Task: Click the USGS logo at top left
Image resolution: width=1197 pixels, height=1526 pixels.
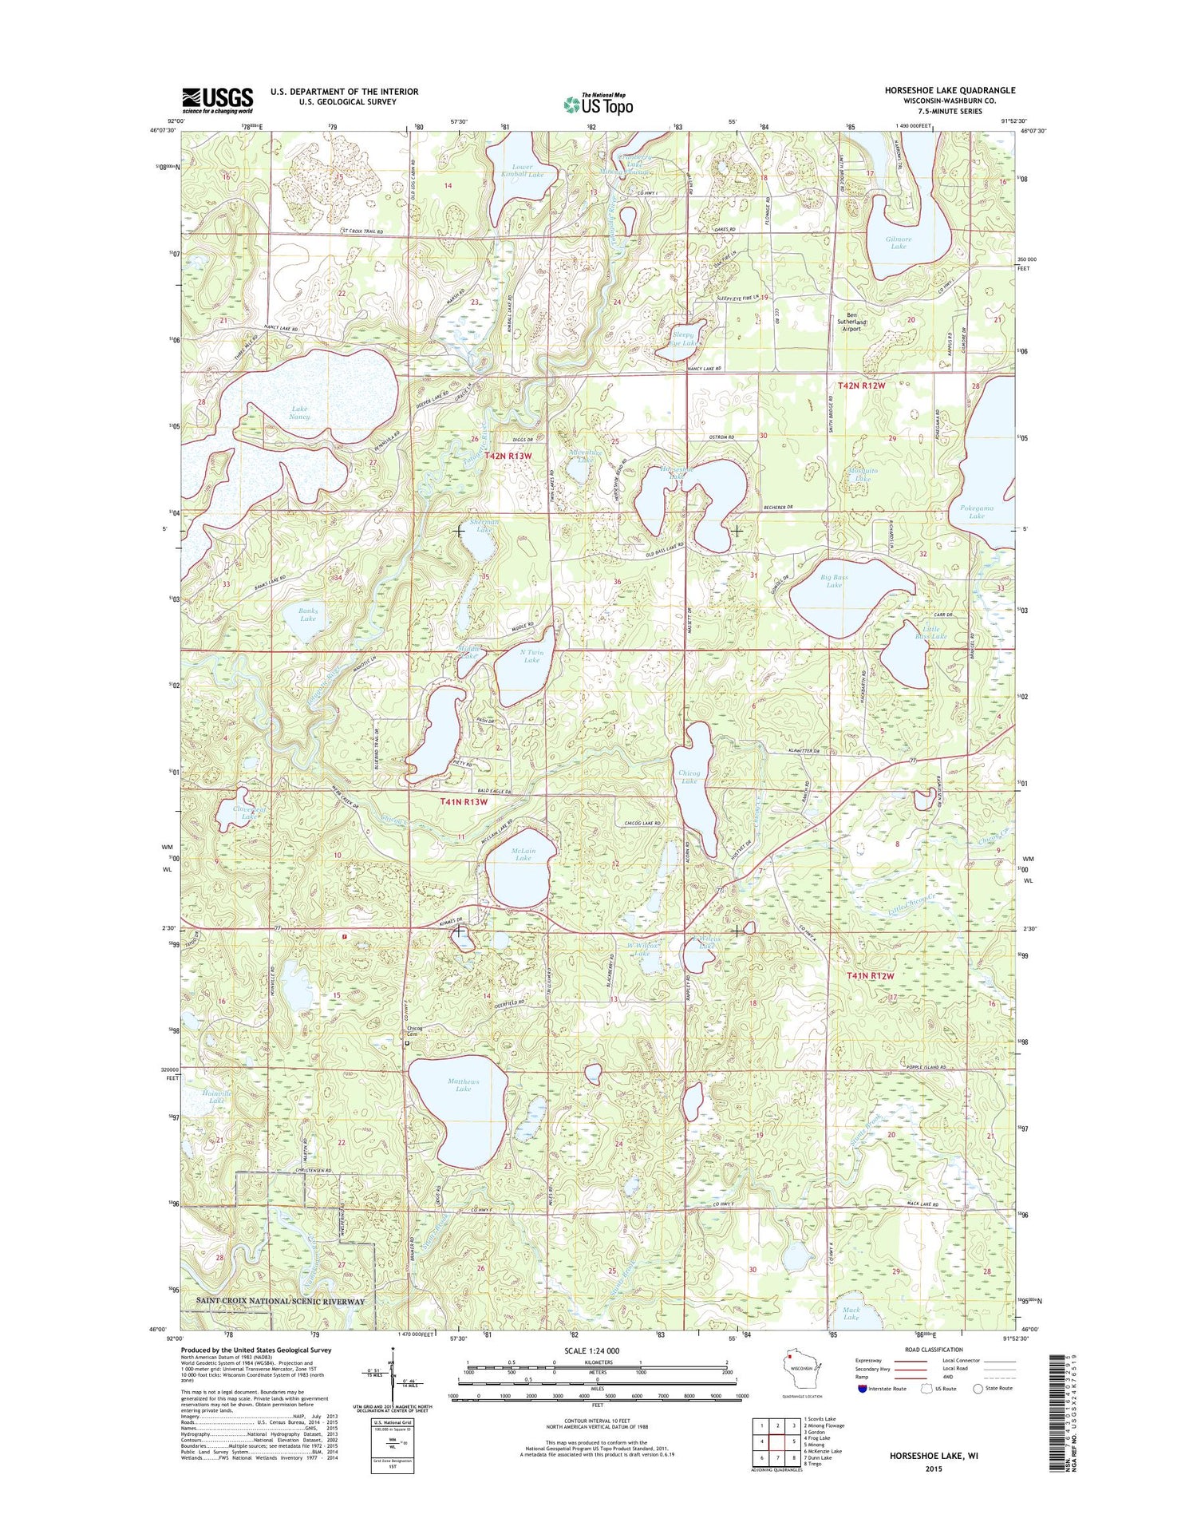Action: [217, 99]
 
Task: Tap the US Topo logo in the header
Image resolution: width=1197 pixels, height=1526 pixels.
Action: [598, 104]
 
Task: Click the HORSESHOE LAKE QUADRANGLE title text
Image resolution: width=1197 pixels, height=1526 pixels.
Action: [950, 90]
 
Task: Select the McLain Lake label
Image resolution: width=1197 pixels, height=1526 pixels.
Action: [523, 854]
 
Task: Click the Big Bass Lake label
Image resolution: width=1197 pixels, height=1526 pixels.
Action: [834, 580]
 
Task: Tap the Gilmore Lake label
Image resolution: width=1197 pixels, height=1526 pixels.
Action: [898, 243]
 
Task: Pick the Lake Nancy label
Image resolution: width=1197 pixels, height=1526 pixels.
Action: [299, 413]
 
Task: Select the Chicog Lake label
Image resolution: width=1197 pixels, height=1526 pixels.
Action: [689, 777]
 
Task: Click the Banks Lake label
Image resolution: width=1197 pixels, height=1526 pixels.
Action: [307, 615]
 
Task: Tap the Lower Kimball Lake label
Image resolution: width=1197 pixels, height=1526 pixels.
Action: [522, 170]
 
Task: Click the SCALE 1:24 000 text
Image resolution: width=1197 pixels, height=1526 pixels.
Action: [580, 1350]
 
